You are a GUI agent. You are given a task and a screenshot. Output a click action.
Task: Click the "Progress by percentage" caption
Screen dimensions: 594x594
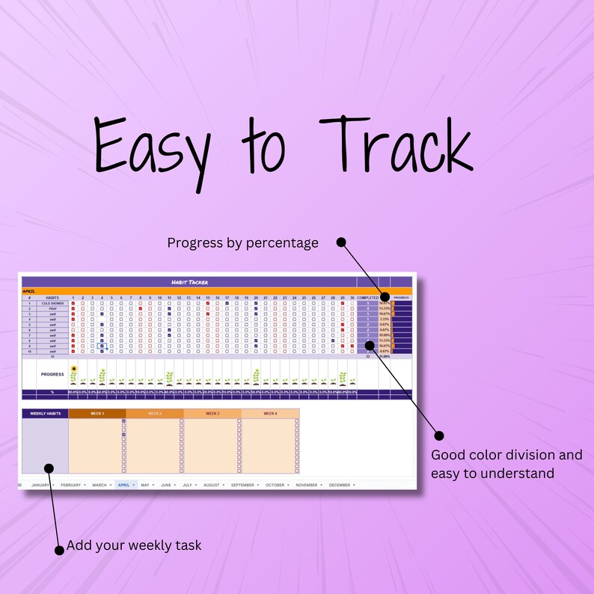[x=242, y=242]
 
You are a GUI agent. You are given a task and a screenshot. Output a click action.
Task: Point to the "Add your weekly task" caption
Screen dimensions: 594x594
[x=134, y=545]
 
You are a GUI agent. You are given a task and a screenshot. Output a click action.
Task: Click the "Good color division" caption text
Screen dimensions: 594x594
[x=506, y=455]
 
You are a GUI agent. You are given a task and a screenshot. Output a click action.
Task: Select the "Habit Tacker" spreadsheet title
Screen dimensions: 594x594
[x=189, y=282]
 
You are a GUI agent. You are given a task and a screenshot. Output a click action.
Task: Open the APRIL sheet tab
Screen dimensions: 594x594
[x=126, y=485]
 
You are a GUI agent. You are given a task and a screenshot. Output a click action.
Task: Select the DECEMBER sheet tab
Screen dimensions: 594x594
[x=340, y=485]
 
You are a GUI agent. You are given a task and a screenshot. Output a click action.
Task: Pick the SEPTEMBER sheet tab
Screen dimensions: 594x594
[x=243, y=485]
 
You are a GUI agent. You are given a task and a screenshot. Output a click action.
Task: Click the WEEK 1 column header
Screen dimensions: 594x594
[x=97, y=413]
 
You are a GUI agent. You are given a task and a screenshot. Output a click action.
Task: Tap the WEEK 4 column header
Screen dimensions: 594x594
[x=269, y=413]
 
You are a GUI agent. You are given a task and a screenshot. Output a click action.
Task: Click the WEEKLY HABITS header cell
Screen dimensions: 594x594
[x=45, y=413]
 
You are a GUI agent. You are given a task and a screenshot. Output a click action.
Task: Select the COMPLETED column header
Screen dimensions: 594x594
[x=368, y=298]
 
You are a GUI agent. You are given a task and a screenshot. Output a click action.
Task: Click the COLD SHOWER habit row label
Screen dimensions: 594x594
[x=52, y=303]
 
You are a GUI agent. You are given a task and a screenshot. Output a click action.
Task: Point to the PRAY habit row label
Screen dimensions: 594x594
[x=52, y=308]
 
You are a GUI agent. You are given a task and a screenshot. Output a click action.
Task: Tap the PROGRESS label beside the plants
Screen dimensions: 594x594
[x=52, y=373]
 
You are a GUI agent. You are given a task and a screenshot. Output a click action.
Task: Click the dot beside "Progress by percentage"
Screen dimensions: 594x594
[x=341, y=242]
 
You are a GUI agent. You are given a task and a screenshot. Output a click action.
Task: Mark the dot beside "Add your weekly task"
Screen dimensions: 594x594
[x=59, y=551]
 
